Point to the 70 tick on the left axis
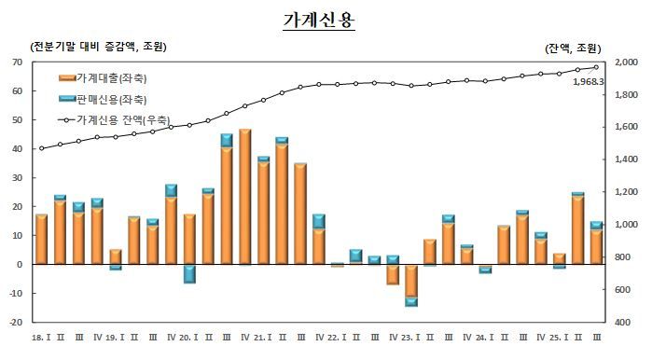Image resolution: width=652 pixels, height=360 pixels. click(x=16, y=62)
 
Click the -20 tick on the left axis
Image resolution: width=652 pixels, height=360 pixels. click(x=14, y=323)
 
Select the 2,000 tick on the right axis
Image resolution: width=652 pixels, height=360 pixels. click(x=625, y=62)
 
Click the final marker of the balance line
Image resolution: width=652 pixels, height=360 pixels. click(x=597, y=66)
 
